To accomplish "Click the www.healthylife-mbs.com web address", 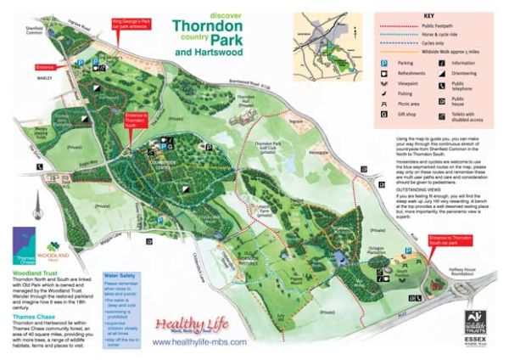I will click(x=200, y=342).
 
